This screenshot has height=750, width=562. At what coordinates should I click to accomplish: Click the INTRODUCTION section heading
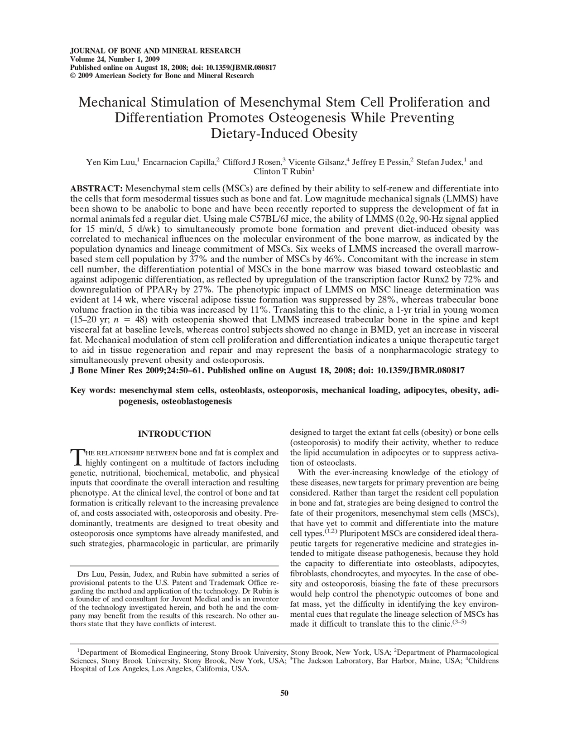coord(174,434)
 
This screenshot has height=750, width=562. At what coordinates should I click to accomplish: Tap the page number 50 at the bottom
coord(284,692)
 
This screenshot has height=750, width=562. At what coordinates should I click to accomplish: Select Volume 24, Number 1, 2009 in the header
coord(114,59)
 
